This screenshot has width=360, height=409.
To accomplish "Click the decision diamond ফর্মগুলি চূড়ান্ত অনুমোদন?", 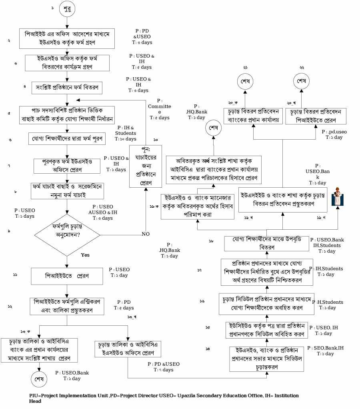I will click(x=67, y=233).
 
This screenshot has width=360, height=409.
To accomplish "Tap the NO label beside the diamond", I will click(x=146, y=234).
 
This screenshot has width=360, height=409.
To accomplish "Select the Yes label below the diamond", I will click(x=85, y=255).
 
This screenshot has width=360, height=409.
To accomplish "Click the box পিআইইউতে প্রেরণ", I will click(x=67, y=276).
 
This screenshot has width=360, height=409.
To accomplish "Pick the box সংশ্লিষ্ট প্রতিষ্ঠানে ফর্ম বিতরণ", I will click(x=67, y=87).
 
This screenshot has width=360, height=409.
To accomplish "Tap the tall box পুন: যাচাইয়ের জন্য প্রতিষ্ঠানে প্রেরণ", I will click(x=145, y=166).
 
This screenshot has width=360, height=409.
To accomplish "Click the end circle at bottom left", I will click(x=39, y=378).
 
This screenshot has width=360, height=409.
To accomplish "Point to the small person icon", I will click(x=339, y=196).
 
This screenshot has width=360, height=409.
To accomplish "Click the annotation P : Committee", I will click(x=159, y=109).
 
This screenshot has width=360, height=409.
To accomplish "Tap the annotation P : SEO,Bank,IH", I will click(x=326, y=351).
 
